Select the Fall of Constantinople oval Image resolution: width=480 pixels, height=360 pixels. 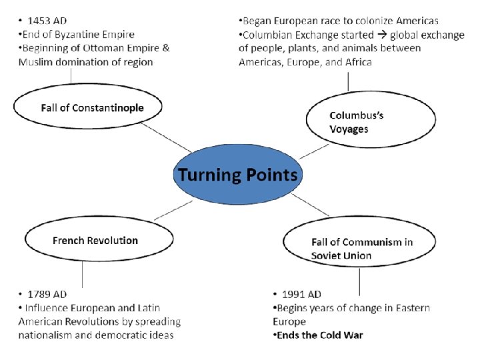point(88,107)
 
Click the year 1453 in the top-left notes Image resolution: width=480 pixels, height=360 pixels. point(39,21)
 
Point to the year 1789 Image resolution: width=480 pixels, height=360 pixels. point(39,294)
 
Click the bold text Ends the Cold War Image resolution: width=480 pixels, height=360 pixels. point(321,335)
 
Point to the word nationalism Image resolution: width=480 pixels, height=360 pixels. point(46,335)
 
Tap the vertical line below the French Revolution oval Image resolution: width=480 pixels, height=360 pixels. point(83,273)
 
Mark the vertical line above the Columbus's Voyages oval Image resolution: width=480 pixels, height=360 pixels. point(348,81)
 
